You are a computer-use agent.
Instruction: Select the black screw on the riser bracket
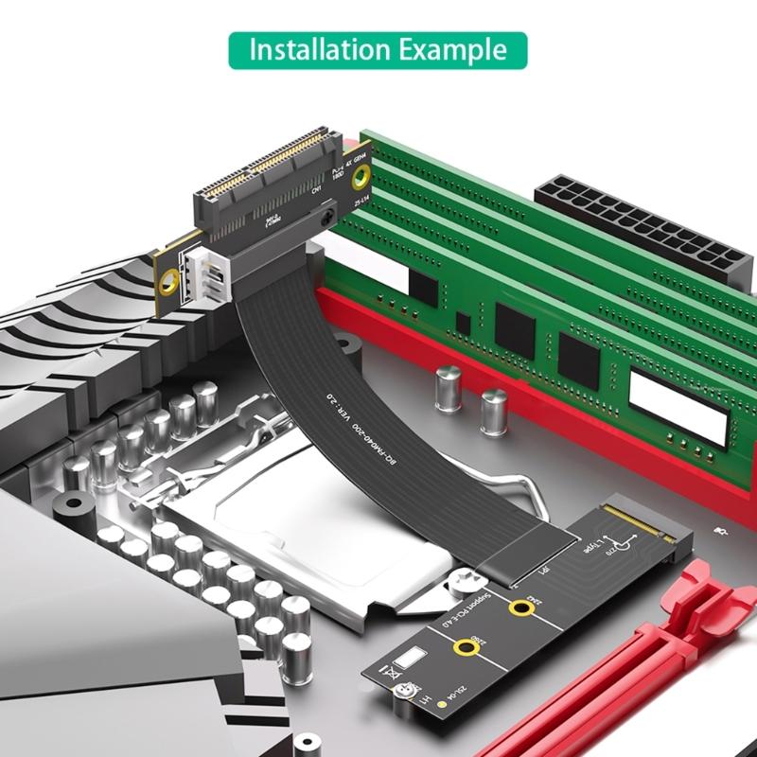pyautogui.click(x=326, y=217)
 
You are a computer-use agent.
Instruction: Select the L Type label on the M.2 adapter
pyautogui.click(x=594, y=549)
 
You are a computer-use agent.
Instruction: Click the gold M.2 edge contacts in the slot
pyautogui.click(x=629, y=517)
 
